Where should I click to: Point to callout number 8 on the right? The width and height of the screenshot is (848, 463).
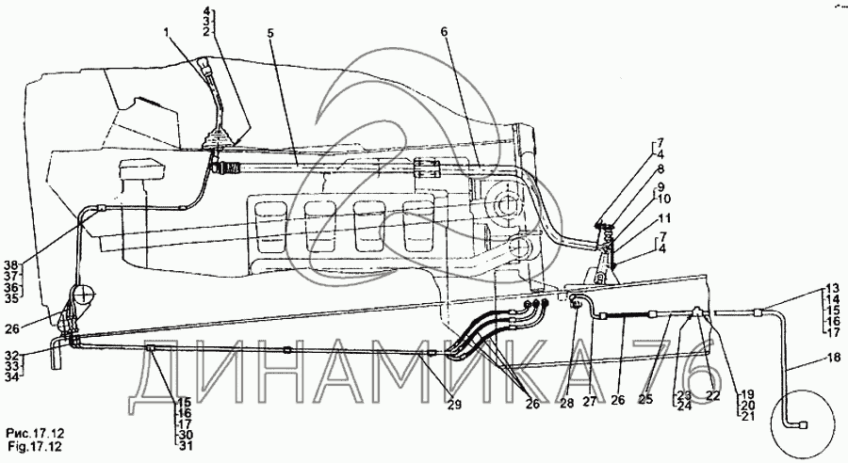tap(660, 169)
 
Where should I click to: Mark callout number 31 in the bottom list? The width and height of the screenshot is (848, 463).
tap(187, 446)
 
